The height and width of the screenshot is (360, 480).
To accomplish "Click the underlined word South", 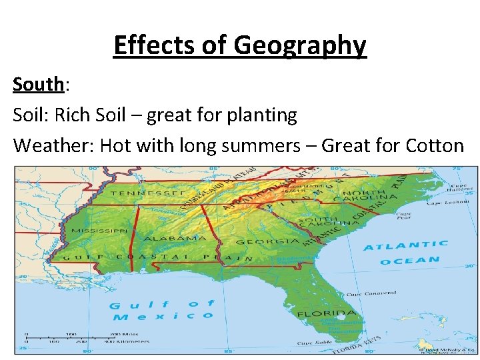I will tap(38, 85).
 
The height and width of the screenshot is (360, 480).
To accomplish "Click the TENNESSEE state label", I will tap(148, 193).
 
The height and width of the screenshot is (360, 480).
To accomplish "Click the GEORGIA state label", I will tap(258, 242).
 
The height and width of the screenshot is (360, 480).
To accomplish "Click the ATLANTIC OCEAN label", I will tap(405, 253).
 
